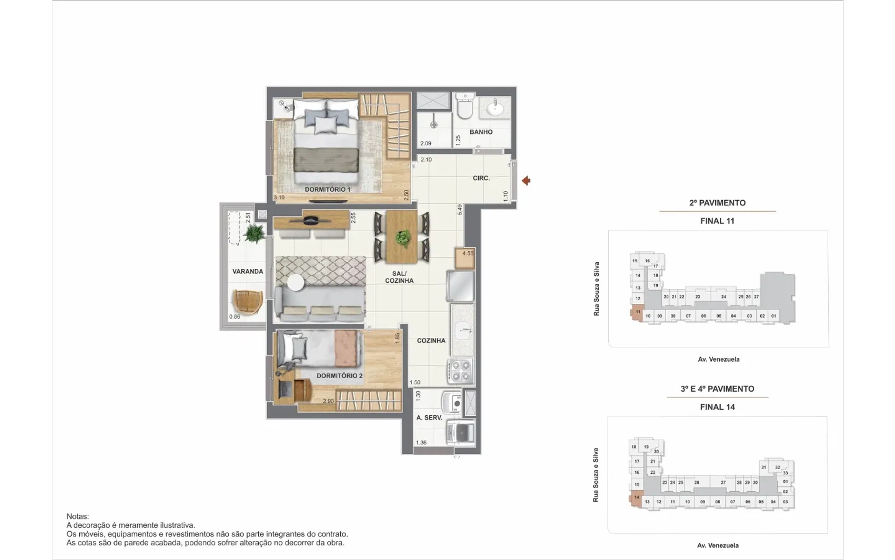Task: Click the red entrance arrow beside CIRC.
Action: pyautogui.click(x=526, y=181)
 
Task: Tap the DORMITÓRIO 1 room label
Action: pyautogui.click(x=328, y=189)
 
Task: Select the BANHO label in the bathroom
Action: pyautogui.click(x=481, y=132)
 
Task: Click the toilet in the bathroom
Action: pyautogui.click(x=465, y=105)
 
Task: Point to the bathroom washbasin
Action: pyautogui.click(x=495, y=109)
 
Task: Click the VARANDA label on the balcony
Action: pyautogui.click(x=248, y=272)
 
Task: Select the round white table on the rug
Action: pyautogui.click(x=296, y=282)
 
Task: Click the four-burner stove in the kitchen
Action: pyautogui.click(x=461, y=371)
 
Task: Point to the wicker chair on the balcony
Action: pyautogui.click(x=247, y=302)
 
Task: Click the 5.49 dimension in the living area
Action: pyautogui.click(x=460, y=210)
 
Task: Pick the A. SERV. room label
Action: pyautogui.click(x=429, y=418)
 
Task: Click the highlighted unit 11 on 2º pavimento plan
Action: pyautogui.click(x=637, y=312)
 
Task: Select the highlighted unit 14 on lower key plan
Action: pyautogui.click(x=636, y=498)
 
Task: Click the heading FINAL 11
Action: pyautogui.click(x=717, y=221)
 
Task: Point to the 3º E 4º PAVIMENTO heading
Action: pyautogui.click(x=717, y=389)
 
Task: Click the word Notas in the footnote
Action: pyautogui.click(x=77, y=517)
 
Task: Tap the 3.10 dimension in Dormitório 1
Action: pyautogui.click(x=279, y=198)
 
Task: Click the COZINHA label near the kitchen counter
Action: pyautogui.click(x=431, y=341)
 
